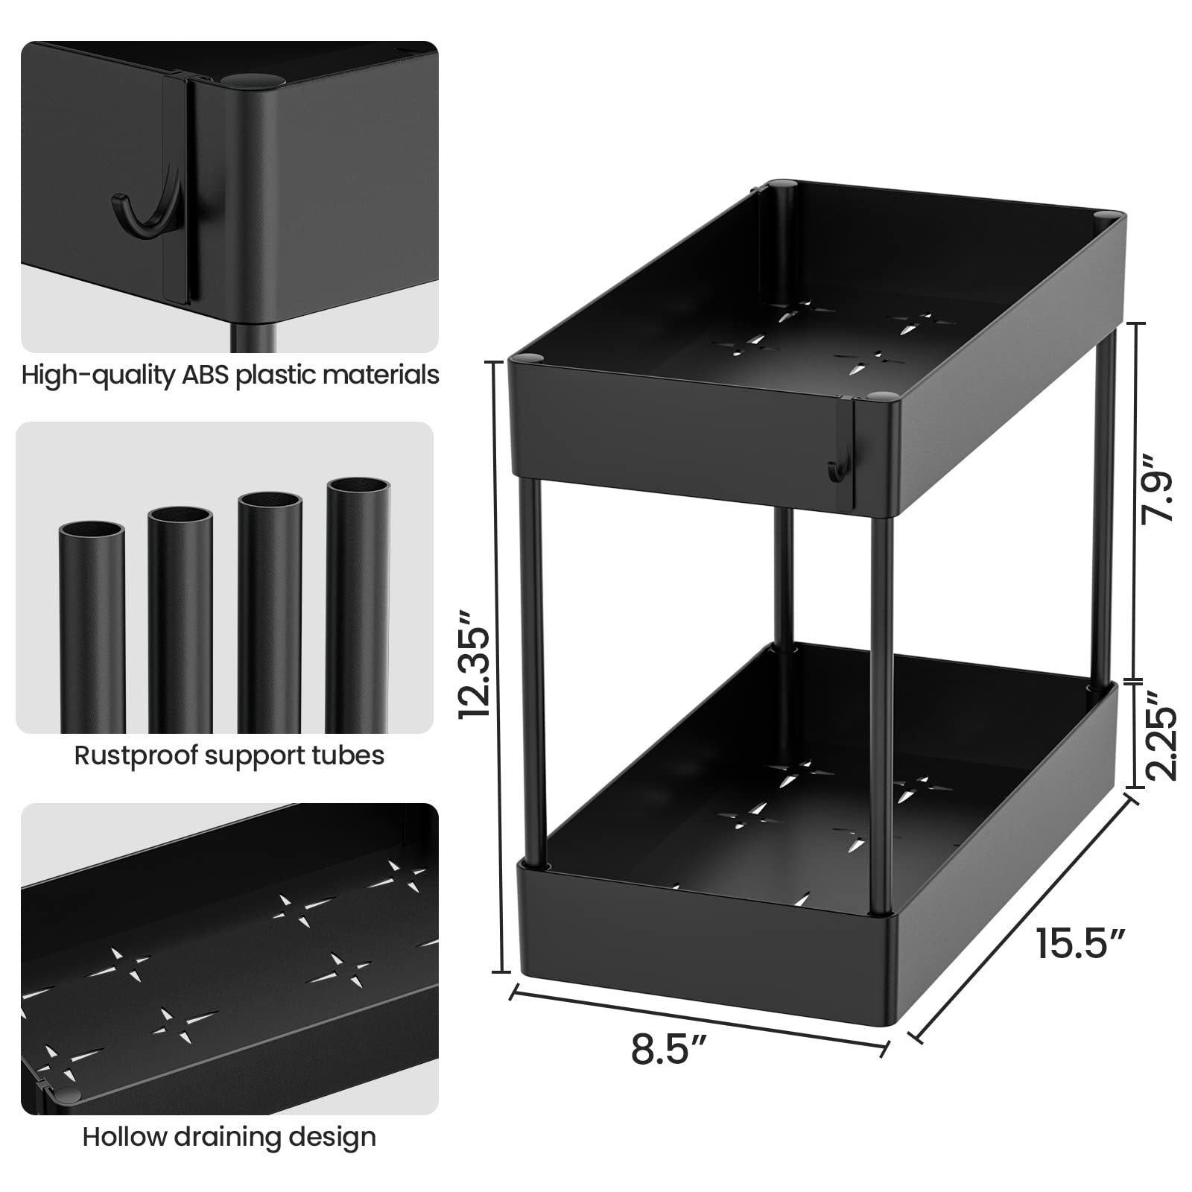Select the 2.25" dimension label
click(1161, 735)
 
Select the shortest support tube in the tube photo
click(92, 627)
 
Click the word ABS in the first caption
click(206, 374)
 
